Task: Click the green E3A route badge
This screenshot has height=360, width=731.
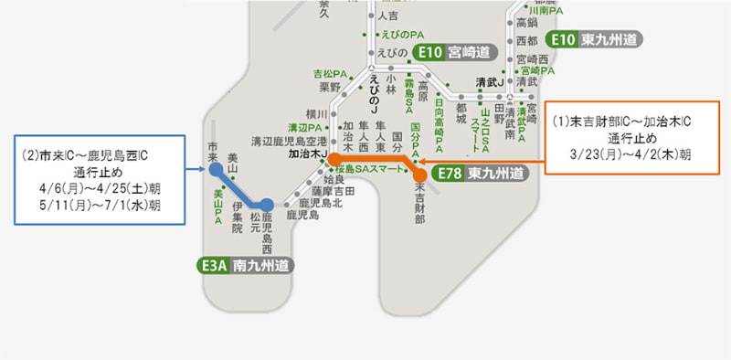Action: [x=212, y=266]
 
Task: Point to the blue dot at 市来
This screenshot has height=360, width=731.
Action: [x=214, y=169]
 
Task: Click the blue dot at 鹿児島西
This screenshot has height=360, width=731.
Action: [x=265, y=206]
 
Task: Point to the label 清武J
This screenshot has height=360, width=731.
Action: [x=491, y=82]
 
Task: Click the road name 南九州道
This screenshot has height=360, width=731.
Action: [x=261, y=266]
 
